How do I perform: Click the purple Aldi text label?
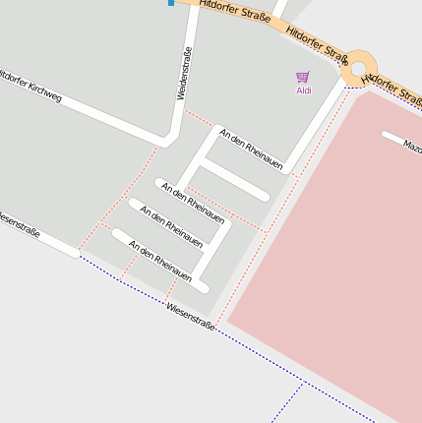[x=303, y=91]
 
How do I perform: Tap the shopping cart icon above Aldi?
[x=302, y=77]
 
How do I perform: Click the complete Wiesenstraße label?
[x=190, y=314]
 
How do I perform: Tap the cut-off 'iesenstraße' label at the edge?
[x=19, y=224]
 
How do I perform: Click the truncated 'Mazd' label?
[x=412, y=146]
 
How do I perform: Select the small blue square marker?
[x=171, y=3]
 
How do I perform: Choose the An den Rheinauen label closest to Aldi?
[x=250, y=148]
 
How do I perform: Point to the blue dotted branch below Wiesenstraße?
[x=286, y=403]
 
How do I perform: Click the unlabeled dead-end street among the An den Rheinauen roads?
[x=234, y=179]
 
